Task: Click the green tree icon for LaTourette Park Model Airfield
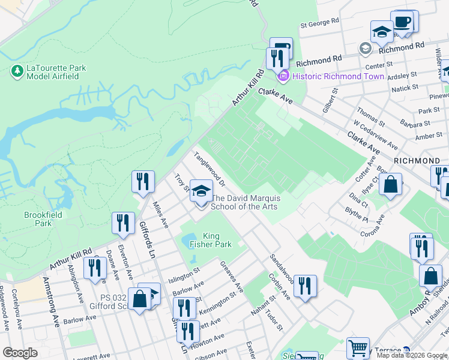pyautogui.click(x=17, y=71)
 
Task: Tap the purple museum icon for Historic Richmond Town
pyautogui.click(x=282, y=76)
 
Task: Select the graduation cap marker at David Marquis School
pyautogui.click(x=202, y=192)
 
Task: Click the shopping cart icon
pyautogui.click(x=358, y=347)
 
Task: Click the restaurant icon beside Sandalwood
pyautogui.click(x=306, y=286)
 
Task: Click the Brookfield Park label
pyautogui.click(x=38, y=218)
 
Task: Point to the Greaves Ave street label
pyautogui.click(x=231, y=277)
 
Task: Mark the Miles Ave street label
pyautogui.click(x=160, y=215)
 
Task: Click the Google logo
pyautogui.click(x=20, y=353)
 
